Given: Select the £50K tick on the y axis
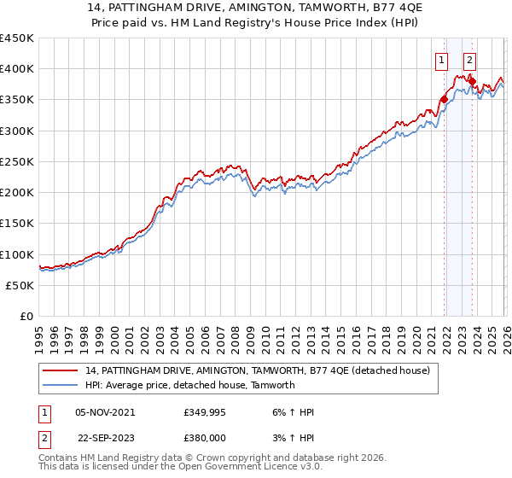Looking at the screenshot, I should click(x=20, y=285).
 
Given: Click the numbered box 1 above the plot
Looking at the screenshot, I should click(x=441, y=60).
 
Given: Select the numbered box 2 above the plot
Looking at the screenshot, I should click(x=470, y=60).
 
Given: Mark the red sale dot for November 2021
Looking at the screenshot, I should click(x=444, y=100).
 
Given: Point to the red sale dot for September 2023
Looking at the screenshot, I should click(x=472, y=82).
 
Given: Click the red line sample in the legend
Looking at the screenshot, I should click(x=61, y=370).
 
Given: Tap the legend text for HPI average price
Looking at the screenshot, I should click(x=189, y=385).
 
